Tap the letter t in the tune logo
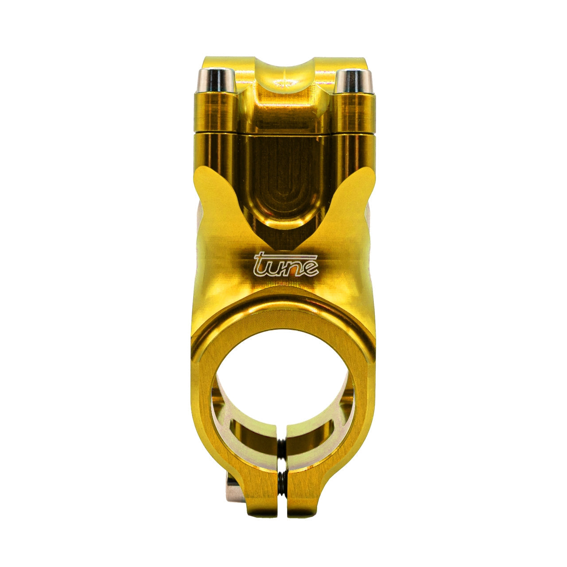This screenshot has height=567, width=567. click(261, 264)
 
